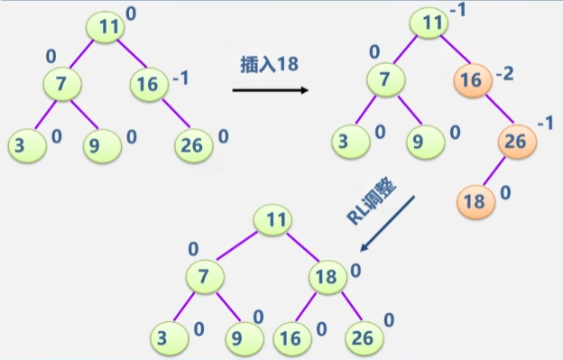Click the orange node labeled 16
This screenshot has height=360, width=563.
469,79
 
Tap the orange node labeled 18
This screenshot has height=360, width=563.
475,199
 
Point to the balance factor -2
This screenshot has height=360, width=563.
504,73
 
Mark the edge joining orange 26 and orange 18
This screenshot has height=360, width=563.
494,171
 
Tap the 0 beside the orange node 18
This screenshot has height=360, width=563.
505,192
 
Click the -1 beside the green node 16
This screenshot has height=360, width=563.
180,78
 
